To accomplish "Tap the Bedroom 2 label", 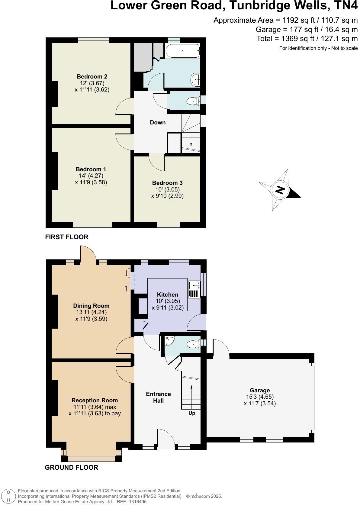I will click(x=92, y=76).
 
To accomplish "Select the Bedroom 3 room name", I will click(x=167, y=183).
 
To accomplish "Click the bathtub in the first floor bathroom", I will click(x=183, y=51).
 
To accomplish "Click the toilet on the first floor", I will click(x=192, y=101).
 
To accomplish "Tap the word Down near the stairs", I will click(x=158, y=122).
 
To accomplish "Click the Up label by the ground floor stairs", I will click(x=192, y=413).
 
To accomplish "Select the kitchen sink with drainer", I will click(x=194, y=289).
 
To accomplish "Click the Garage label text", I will click(x=260, y=390).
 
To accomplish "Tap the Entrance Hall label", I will click(x=158, y=397).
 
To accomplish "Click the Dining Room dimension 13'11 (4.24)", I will click(x=91, y=312).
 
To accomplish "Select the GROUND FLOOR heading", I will click(x=71, y=467).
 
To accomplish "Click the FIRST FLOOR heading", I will click(x=67, y=237).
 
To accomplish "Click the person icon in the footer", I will click(x=9, y=496).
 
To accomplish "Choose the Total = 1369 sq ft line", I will click(x=307, y=39).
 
